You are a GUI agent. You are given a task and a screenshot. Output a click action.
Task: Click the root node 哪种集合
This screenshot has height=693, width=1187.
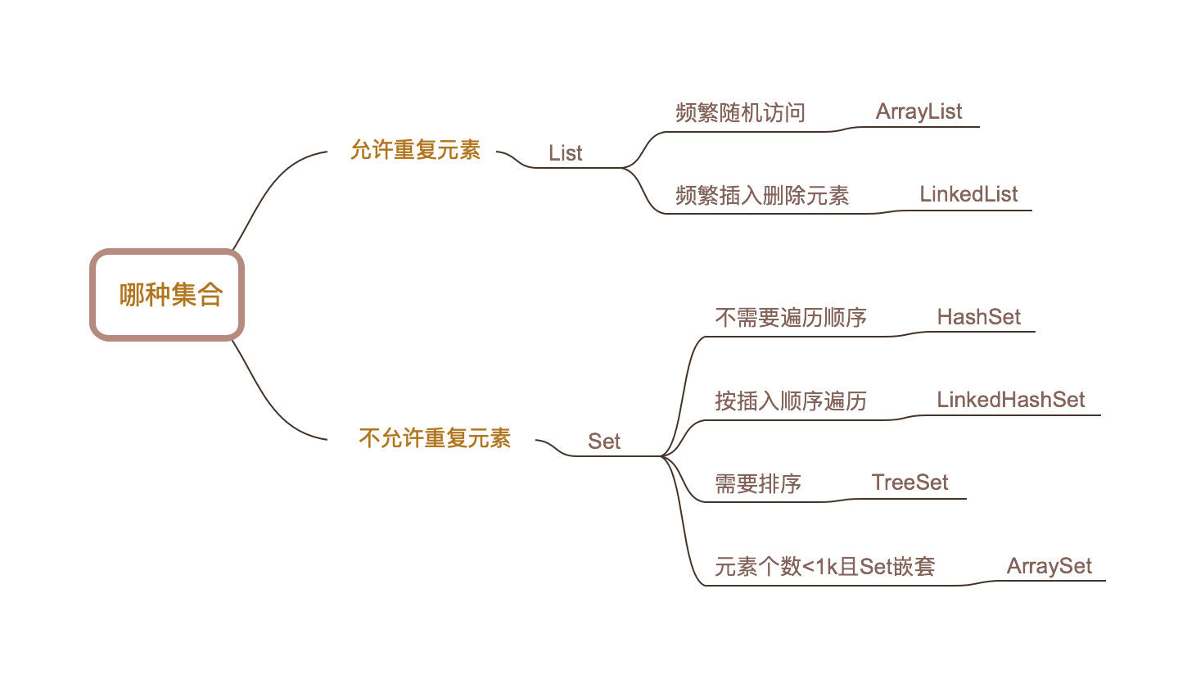[167, 295]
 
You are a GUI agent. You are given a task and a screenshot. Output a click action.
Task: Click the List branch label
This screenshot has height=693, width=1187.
[565, 153]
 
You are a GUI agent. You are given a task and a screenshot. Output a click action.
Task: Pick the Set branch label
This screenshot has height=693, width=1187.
[604, 442]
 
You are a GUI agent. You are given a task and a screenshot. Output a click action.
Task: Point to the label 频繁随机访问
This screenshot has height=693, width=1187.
[740, 113]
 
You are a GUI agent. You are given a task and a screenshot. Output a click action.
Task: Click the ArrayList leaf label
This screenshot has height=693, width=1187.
[918, 111]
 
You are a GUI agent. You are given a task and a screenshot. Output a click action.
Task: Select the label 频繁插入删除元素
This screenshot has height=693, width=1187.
[761, 196]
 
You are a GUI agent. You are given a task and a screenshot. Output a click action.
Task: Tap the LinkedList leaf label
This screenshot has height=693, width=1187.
[968, 194]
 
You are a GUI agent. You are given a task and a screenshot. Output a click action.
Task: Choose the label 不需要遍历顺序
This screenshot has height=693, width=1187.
[790, 318]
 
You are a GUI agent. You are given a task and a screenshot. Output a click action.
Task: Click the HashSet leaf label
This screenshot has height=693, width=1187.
[978, 317]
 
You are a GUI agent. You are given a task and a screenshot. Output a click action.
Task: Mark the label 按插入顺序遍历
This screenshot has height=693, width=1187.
[790, 401]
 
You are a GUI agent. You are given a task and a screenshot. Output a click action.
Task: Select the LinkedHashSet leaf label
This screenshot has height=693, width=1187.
[1011, 400]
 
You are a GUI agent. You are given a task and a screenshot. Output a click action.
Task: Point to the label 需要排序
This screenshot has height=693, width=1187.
[757, 483]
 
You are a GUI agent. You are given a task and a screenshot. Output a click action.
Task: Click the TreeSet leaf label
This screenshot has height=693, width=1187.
[909, 482]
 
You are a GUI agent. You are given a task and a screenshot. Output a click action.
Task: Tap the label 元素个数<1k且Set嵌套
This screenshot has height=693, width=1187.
[824, 566]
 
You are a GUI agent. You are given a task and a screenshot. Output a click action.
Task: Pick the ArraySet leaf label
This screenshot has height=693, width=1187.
[1049, 566]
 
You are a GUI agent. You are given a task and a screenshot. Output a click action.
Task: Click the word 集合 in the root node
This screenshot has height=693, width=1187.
[197, 295]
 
